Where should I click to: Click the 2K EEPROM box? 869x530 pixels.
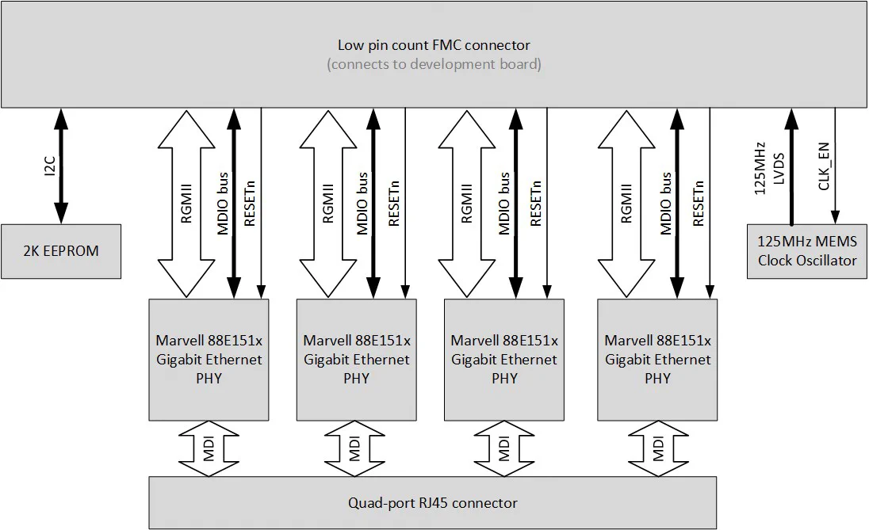tap(61, 251)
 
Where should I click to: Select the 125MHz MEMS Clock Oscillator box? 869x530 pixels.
tap(807, 251)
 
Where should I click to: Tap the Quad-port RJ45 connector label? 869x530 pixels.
tap(433, 502)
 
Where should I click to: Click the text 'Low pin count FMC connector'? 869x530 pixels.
tap(434, 45)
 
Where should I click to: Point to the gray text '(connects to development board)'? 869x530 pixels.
tap(434, 64)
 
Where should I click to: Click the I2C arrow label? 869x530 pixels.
tap(48, 166)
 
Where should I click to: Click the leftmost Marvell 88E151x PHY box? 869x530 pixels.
tap(209, 359)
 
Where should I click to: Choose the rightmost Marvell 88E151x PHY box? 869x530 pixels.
tap(657, 359)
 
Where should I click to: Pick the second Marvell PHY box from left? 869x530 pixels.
tap(356, 359)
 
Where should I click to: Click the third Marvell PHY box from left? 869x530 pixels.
tap(504, 359)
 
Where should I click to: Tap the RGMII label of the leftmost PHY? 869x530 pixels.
tap(187, 205)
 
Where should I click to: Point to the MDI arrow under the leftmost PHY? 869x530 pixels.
tap(209, 448)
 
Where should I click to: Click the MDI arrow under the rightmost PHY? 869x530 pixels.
tap(658, 448)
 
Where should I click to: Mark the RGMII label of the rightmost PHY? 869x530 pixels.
tap(626, 205)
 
